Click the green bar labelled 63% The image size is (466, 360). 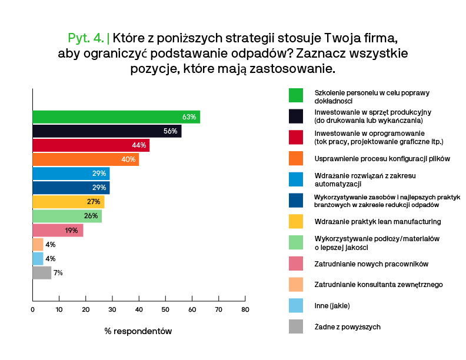pyautogui.click(x=116, y=116)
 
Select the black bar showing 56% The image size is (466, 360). pyautogui.click(x=106, y=131)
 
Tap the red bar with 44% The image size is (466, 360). pyautogui.click(x=91, y=145)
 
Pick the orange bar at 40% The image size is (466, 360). pyautogui.click(x=85, y=159)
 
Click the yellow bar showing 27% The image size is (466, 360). pyautogui.click(x=68, y=202)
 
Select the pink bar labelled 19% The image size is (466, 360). pyautogui.click(x=58, y=230)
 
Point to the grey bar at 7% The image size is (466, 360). pyautogui.click(x=42, y=272)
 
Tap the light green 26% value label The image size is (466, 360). pyautogui.click(x=91, y=216)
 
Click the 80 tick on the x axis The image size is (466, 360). pyautogui.click(x=245, y=309)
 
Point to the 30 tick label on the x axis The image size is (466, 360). pyautogui.click(x=112, y=309)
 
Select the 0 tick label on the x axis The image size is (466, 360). pyautogui.click(x=33, y=309)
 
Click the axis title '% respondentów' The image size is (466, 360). pyautogui.click(x=138, y=331)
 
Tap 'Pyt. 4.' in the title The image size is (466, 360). pyautogui.click(x=86, y=38)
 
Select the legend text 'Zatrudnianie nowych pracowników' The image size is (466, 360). pyautogui.click(x=371, y=263)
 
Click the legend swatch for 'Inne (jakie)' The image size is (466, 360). pyautogui.click(x=296, y=305)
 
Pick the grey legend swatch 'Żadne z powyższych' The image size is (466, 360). pyautogui.click(x=296, y=326)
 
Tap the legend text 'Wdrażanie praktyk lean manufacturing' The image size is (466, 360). pyautogui.click(x=378, y=221)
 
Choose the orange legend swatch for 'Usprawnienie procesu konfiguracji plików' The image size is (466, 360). pyautogui.click(x=296, y=158)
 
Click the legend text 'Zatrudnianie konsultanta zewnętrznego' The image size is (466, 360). pyautogui.click(x=378, y=284)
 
